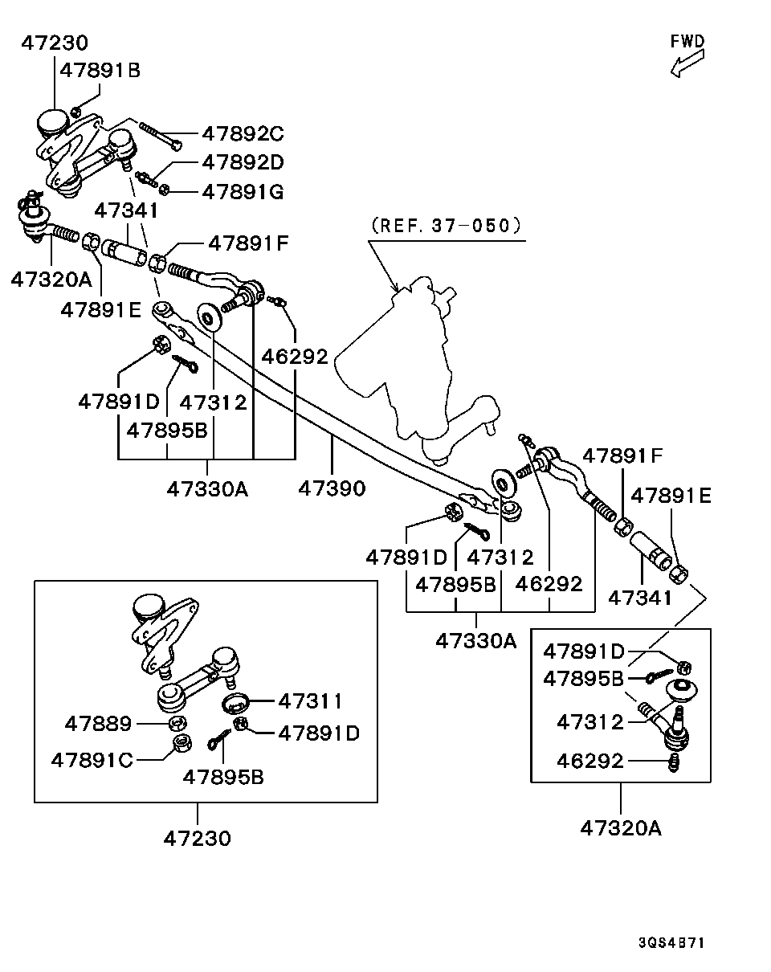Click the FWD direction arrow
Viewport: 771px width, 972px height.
(687, 63)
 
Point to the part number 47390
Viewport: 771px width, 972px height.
(332, 488)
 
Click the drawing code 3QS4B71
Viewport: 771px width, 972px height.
(671, 942)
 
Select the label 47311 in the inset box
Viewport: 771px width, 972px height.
(310, 701)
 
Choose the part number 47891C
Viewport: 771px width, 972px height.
(92, 759)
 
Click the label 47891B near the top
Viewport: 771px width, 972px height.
(100, 71)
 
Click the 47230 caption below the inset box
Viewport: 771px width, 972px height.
(197, 838)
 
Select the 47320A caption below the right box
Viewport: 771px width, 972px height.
(621, 827)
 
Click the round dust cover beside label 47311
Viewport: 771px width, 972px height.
(236, 703)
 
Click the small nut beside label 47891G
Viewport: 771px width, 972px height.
(164, 190)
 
